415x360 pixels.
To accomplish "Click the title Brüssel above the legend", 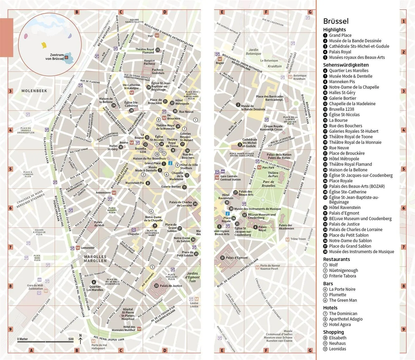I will click(x=336, y=21).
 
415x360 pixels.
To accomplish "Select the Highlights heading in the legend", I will click(x=334, y=30).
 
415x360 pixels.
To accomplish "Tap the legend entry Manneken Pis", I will click(x=342, y=82).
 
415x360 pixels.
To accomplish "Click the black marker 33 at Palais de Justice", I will click(x=156, y=286).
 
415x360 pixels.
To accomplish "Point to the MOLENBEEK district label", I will click(x=34, y=91).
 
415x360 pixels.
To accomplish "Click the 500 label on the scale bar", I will click(x=71, y=339).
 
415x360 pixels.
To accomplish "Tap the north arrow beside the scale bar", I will click(x=80, y=339).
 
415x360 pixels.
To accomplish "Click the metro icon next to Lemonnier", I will click(x=78, y=248).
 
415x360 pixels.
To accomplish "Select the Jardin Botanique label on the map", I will click(x=254, y=52).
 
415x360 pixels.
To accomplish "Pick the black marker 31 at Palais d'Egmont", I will click(x=223, y=258).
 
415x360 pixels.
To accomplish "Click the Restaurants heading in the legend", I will click(x=336, y=259).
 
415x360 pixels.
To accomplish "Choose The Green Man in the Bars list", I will click(x=343, y=300).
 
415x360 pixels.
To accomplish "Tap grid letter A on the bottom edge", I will click(x=32, y=350).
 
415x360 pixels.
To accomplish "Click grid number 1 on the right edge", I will click(x=403, y=21).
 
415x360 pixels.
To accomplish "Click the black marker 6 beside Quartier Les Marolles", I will click(x=94, y=282).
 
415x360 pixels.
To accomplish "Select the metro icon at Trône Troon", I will click(x=287, y=239).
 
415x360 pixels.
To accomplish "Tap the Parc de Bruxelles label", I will click(x=268, y=184).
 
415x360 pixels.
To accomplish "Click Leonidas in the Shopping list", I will click(x=337, y=349).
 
